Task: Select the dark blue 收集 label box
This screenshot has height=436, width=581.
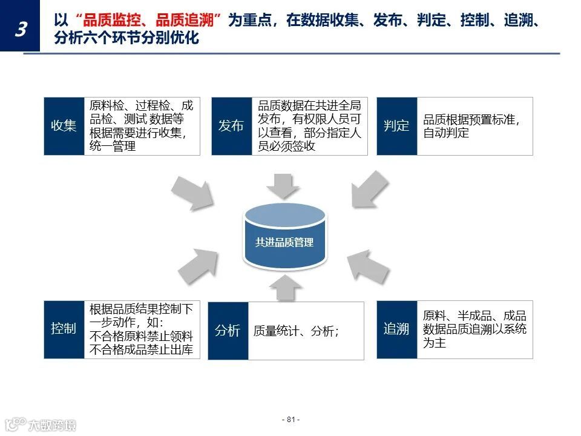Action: (64, 126)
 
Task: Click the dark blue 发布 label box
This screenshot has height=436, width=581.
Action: (231, 126)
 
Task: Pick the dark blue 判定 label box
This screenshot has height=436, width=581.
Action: (396, 126)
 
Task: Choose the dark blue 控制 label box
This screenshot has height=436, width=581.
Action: (64, 329)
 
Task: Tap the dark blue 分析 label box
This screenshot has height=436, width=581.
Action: (228, 331)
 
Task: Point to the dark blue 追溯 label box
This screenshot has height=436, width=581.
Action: (396, 329)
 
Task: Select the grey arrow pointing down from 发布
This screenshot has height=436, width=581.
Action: (284, 185)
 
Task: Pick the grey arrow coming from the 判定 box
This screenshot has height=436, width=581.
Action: (369, 189)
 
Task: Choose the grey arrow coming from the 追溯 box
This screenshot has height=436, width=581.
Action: (369, 264)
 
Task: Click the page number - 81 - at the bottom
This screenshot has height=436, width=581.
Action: (291, 420)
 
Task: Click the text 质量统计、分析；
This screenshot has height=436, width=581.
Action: (296, 331)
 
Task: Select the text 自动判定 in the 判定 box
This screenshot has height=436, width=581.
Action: (446, 133)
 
